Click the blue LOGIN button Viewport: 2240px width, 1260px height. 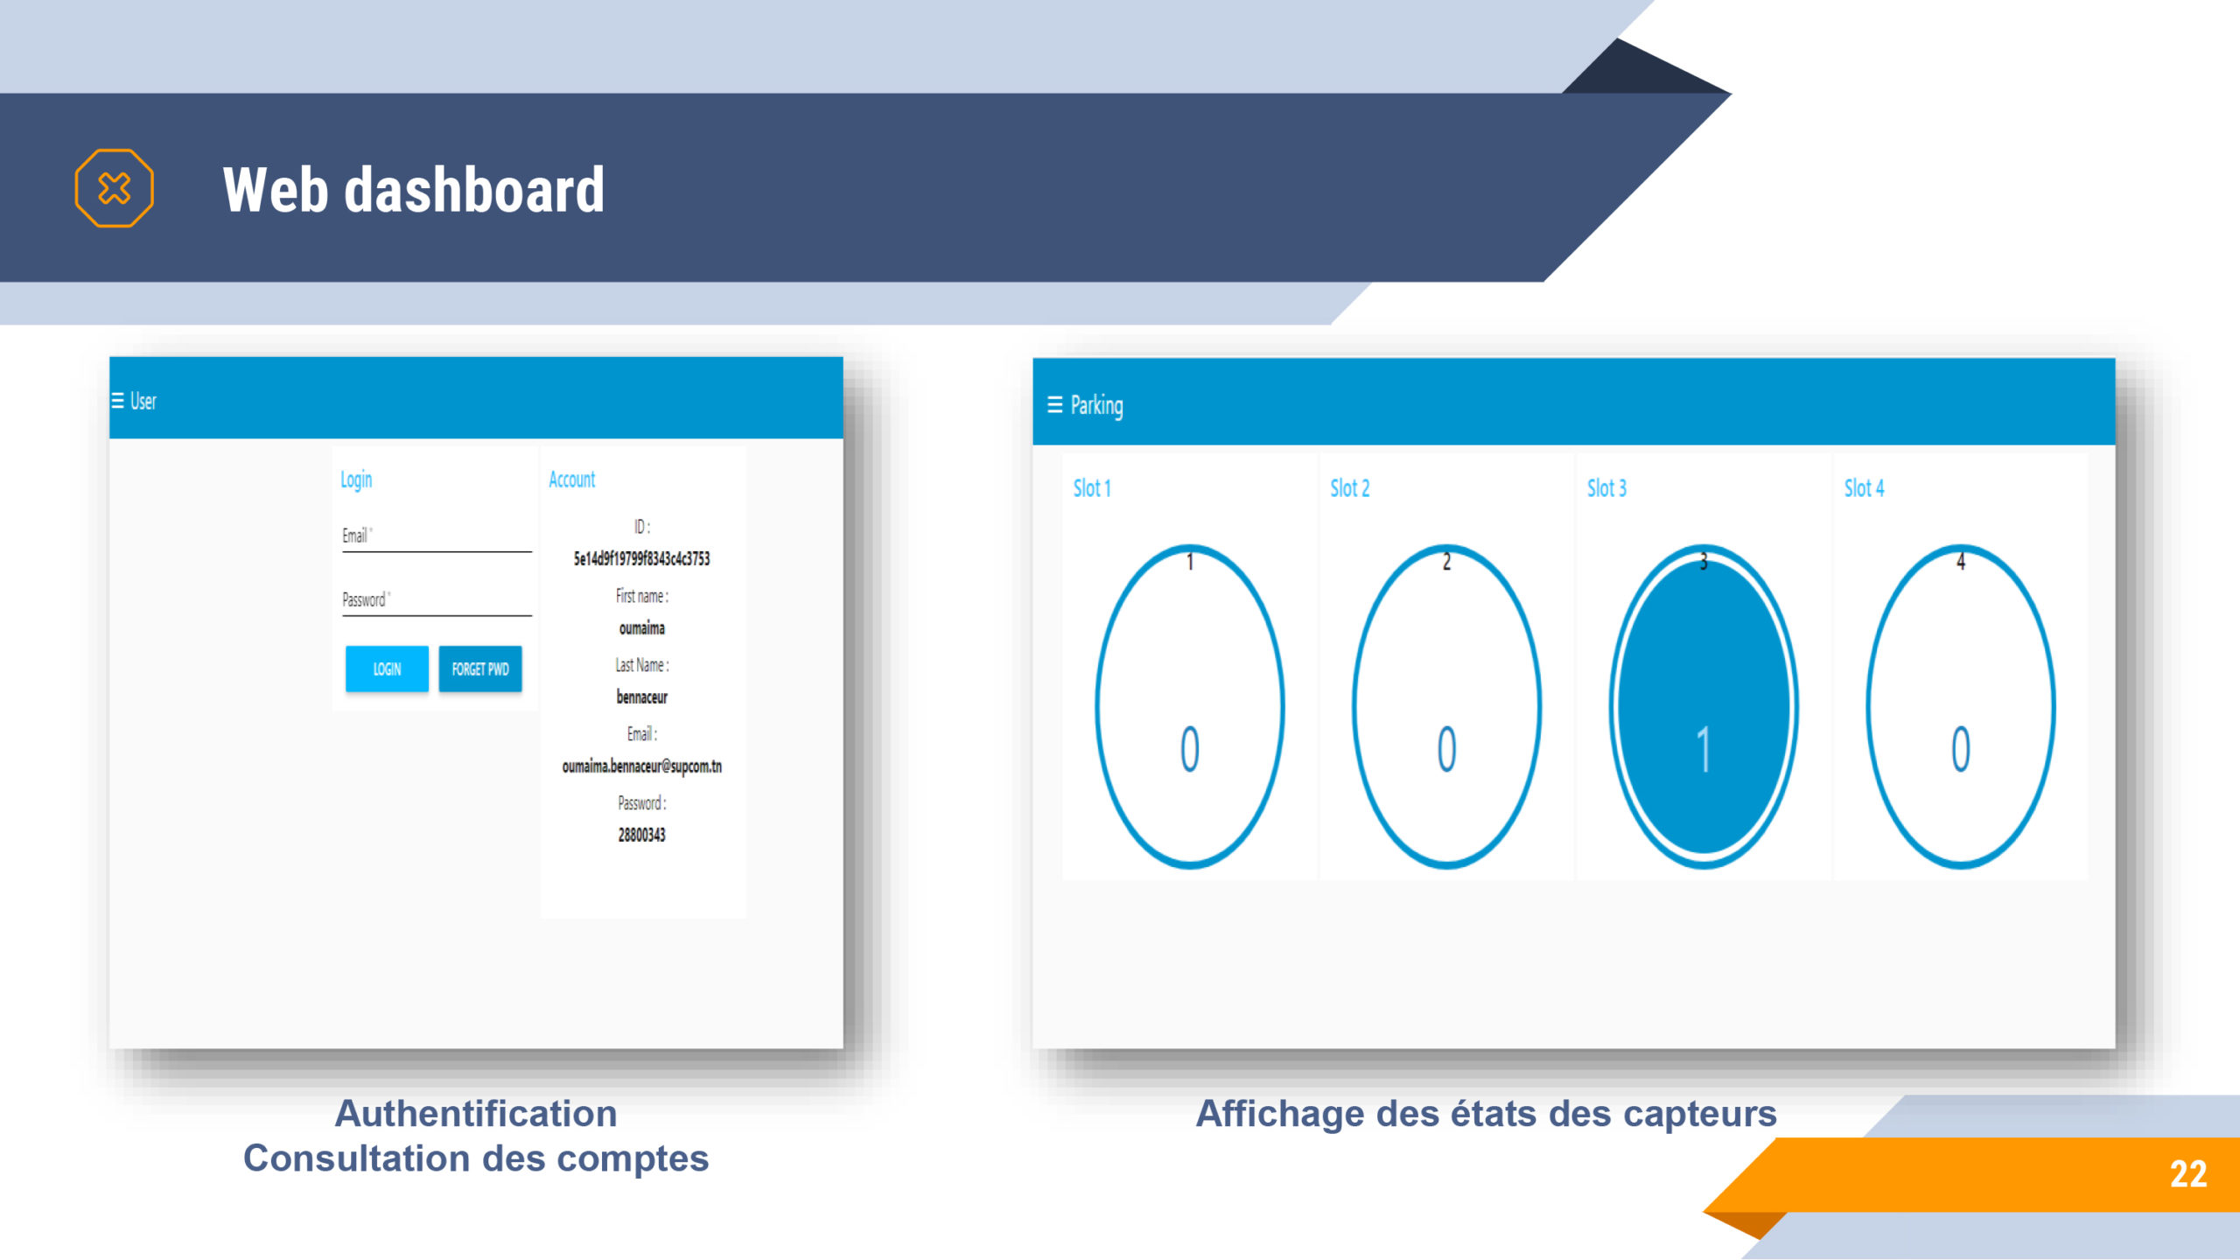click(387, 669)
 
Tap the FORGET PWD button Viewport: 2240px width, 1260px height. click(480, 669)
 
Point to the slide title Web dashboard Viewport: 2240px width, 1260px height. click(414, 189)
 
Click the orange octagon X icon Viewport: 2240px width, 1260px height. click(115, 188)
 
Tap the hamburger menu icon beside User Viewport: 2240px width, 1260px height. click(117, 401)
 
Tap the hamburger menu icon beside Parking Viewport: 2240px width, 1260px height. click(1055, 404)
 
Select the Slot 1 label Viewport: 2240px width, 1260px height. click(1092, 488)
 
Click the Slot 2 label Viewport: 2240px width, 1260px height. click(1350, 488)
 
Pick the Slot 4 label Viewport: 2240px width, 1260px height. click(1865, 488)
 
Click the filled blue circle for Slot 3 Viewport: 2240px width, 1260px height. click(1704, 707)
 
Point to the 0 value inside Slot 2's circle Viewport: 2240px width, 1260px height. click(1447, 749)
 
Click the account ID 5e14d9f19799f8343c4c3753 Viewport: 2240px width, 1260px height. click(642, 559)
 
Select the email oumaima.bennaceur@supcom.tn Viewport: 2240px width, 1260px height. click(642, 766)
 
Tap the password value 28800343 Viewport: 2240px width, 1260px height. click(642, 835)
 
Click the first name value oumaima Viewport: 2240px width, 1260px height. click(642, 628)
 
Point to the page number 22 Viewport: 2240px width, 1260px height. click(2188, 1174)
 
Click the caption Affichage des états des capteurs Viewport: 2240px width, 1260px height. click(1487, 1114)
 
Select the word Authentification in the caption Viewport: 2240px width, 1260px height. click(476, 1114)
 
